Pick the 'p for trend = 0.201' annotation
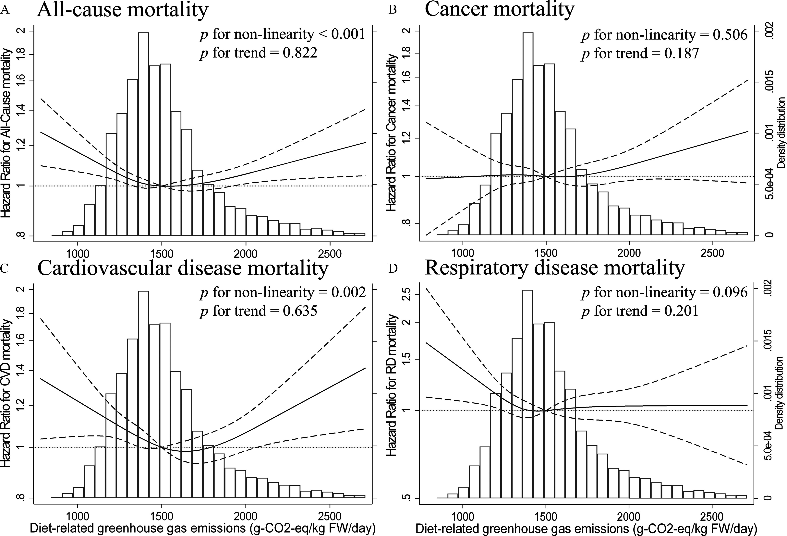click(640, 311)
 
